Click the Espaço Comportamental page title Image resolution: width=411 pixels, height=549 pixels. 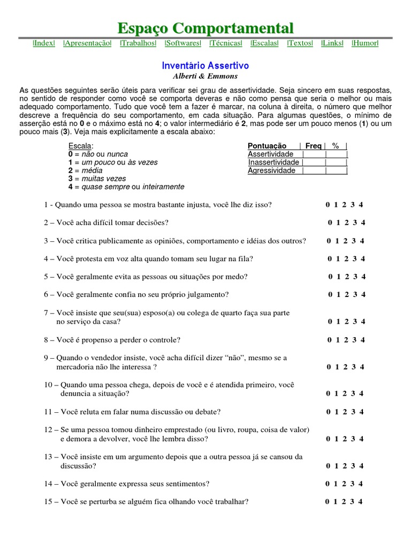coord(205,28)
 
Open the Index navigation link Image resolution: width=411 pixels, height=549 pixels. coord(44,43)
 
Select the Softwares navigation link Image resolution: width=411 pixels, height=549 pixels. coord(183,43)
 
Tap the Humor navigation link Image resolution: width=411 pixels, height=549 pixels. coord(365,43)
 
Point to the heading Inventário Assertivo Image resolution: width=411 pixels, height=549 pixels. coord(205,65)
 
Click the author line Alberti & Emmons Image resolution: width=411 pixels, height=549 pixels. coord(205,76)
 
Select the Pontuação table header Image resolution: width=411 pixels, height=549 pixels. coord(267,146)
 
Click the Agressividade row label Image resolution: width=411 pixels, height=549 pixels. coord(272,170)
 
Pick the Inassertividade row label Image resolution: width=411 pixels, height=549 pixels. coord(273,162)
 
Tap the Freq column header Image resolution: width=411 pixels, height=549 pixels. coord(314,146)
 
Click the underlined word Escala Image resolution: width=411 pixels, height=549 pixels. coord(80,146)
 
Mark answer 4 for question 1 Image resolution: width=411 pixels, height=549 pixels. coord(361,204)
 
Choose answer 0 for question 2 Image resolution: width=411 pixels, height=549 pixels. coord(331,222)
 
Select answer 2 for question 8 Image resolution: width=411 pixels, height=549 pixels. coord(346,340)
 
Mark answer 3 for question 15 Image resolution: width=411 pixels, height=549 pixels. coord(352,502)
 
